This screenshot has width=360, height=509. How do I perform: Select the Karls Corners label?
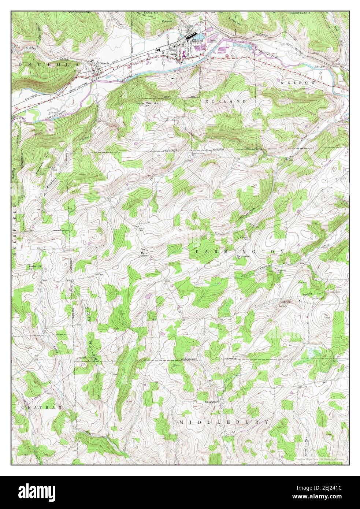142,254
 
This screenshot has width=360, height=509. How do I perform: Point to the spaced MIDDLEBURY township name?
224,422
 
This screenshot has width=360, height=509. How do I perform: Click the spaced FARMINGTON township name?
240,252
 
